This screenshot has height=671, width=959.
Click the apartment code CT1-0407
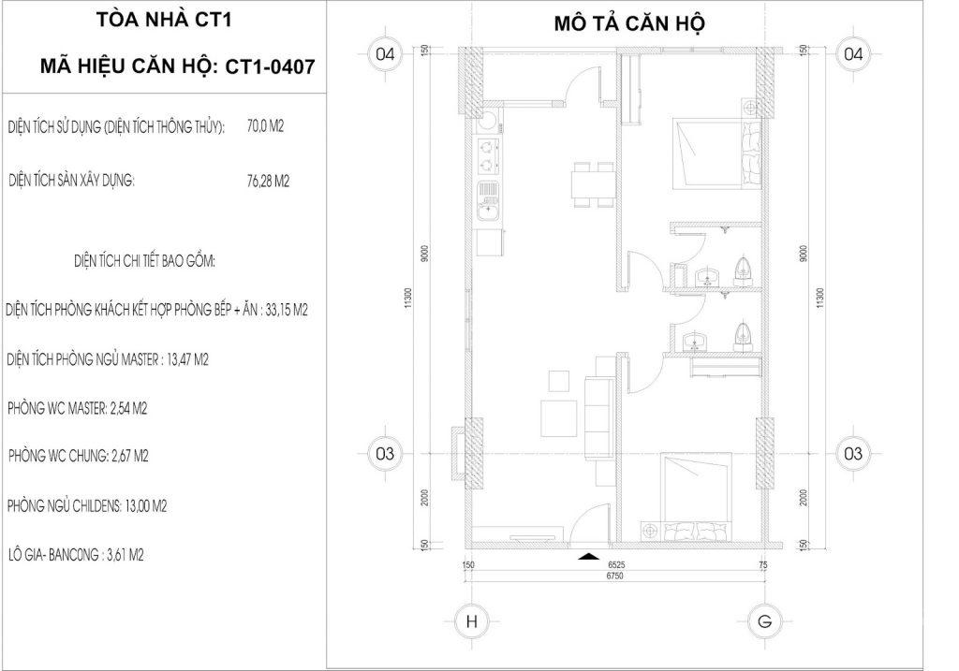coord(270,66)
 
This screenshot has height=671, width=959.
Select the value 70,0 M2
coord(265,126)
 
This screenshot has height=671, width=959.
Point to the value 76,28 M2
coord(268,181)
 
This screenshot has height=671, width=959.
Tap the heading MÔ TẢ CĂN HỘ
coord(629,23)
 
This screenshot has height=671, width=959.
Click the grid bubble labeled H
coord(472,622)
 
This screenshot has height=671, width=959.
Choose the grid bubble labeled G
coord(764,622)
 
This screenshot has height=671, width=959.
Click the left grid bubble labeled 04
coord(385,54)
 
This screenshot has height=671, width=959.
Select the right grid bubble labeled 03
coord(852,454)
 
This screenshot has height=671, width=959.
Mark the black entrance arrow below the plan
coord(588,556)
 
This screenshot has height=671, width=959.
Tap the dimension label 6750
coord(615,576)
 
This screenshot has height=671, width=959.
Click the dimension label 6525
coord(616,565)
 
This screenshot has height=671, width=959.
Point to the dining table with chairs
coord(592,186)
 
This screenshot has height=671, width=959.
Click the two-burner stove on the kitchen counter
coord(487,155)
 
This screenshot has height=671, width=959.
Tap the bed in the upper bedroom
coord(716,154)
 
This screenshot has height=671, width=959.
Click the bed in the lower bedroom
coord(697,496)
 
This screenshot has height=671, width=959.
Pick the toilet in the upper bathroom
coord(743,269)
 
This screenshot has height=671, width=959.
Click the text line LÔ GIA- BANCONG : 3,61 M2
coord(76,555)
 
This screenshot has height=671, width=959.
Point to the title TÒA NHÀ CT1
coord(164,21)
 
